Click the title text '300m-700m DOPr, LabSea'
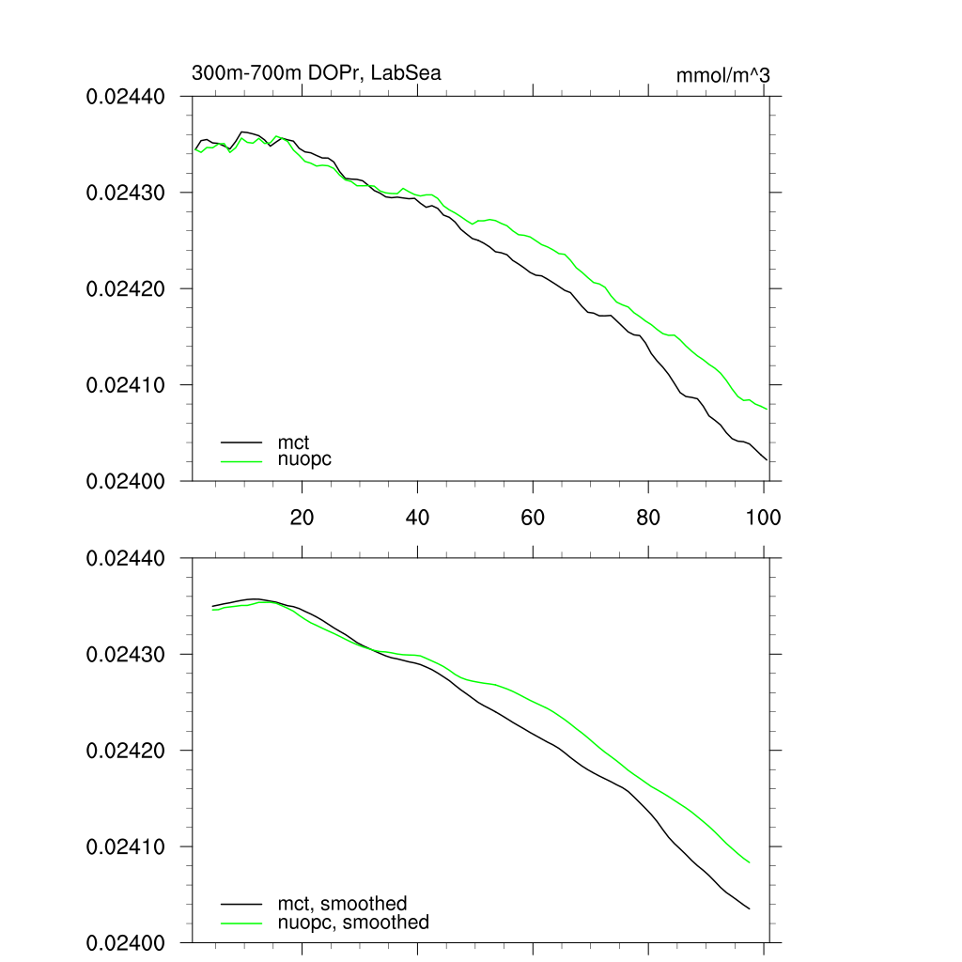316,73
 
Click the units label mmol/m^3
722,75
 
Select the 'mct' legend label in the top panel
294,442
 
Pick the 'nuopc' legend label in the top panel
305,459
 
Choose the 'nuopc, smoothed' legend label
354,923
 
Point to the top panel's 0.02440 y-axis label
126,97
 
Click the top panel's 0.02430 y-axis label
126,193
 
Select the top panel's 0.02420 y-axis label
126,289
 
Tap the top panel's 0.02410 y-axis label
126,385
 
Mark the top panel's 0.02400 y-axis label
126,481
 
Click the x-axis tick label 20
302,518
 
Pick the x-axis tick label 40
417,518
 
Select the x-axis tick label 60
533,518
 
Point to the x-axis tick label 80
648,518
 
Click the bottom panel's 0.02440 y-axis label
126,559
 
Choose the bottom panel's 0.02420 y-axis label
126,752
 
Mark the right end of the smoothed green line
750,862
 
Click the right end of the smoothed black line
750,908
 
